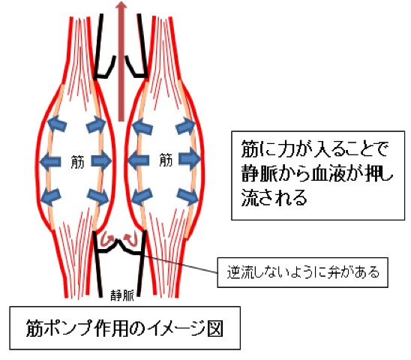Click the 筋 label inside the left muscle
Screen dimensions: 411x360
pos(77,161)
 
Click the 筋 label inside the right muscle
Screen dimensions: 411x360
pos(166,160)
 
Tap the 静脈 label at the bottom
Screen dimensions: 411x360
pos(122,295)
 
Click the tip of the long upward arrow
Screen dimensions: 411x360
pos(121,1)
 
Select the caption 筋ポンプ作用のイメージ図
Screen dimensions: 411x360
pos(124,328)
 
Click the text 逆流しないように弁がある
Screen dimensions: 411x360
pos(303,272)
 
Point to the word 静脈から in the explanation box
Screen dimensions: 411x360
pos(276,173)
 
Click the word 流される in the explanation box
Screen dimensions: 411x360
pos(274,197)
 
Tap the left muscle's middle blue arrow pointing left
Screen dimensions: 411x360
pos(50,160)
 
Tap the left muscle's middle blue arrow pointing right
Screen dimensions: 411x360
pos(101,160)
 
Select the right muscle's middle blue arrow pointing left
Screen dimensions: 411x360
pos(138,160)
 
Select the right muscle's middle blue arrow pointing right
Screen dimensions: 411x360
pos(190,160)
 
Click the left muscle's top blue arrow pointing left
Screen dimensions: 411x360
pos(56,124)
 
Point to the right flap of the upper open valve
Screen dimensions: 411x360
pos(136,67)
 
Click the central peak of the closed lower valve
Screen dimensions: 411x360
pos(118,240)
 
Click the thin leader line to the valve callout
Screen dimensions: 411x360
pos(181,264)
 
